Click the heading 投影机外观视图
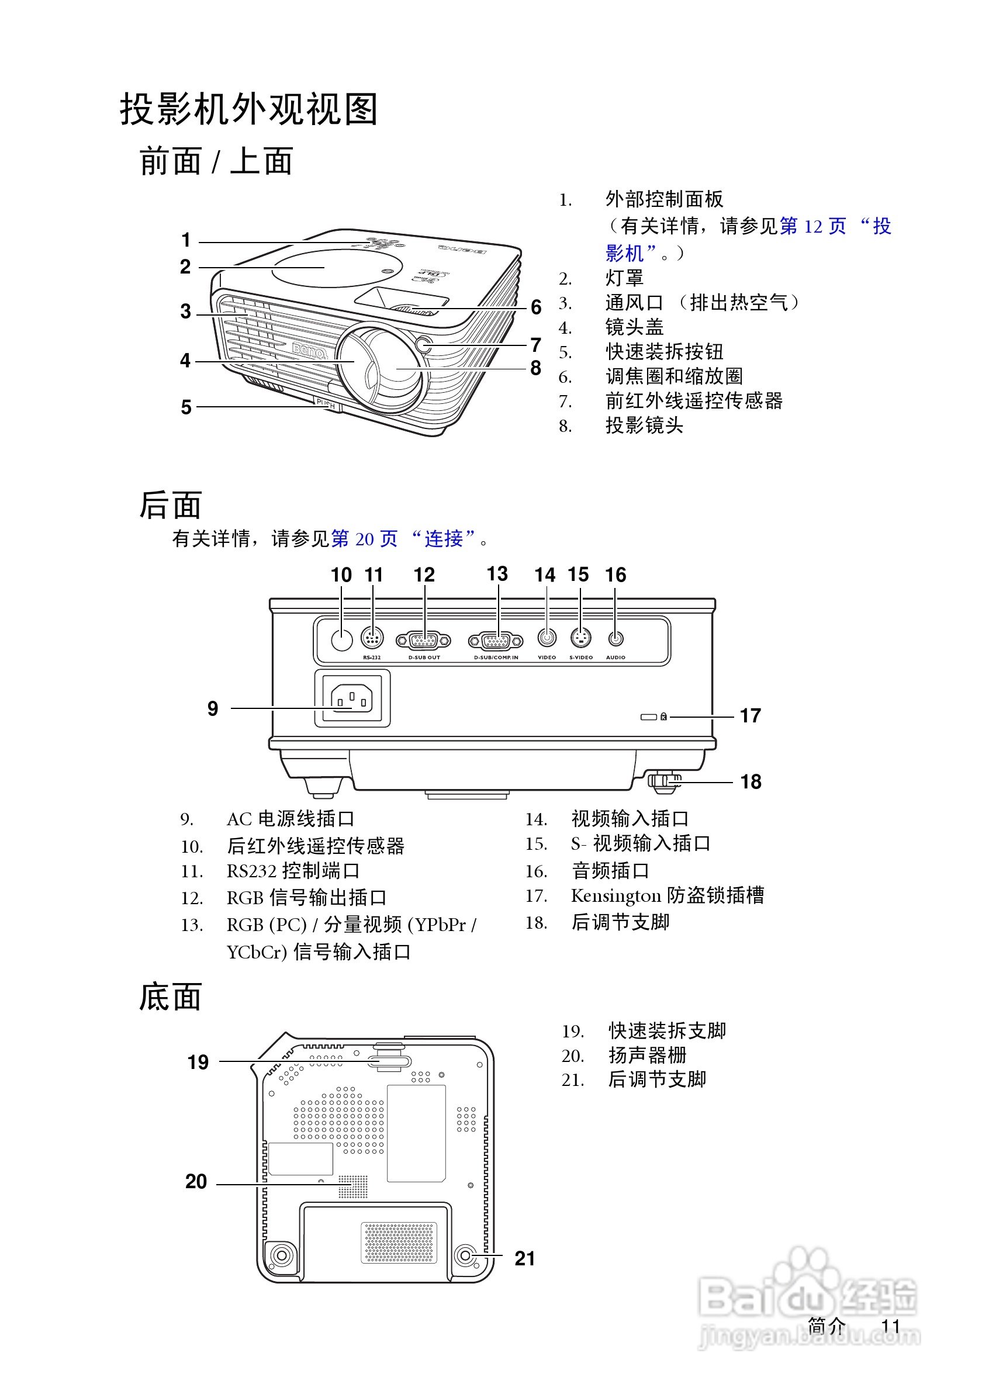point(249,110)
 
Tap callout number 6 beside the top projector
point(535,307)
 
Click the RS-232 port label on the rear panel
point(371,658)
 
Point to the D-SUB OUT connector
point(423,640)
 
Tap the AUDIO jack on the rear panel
point(616,638)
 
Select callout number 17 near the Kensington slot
point(750,715)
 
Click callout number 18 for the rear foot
point(751,781)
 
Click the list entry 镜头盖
point(634,327)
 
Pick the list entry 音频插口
point(610,871)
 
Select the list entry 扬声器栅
point(647,1055)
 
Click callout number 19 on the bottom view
point(198,1062)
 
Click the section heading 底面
point(170,996)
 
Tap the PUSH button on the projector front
point(326,403)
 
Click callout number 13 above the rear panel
point(497,574)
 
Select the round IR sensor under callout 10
point(342,640)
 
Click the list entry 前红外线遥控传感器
point(694,400)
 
